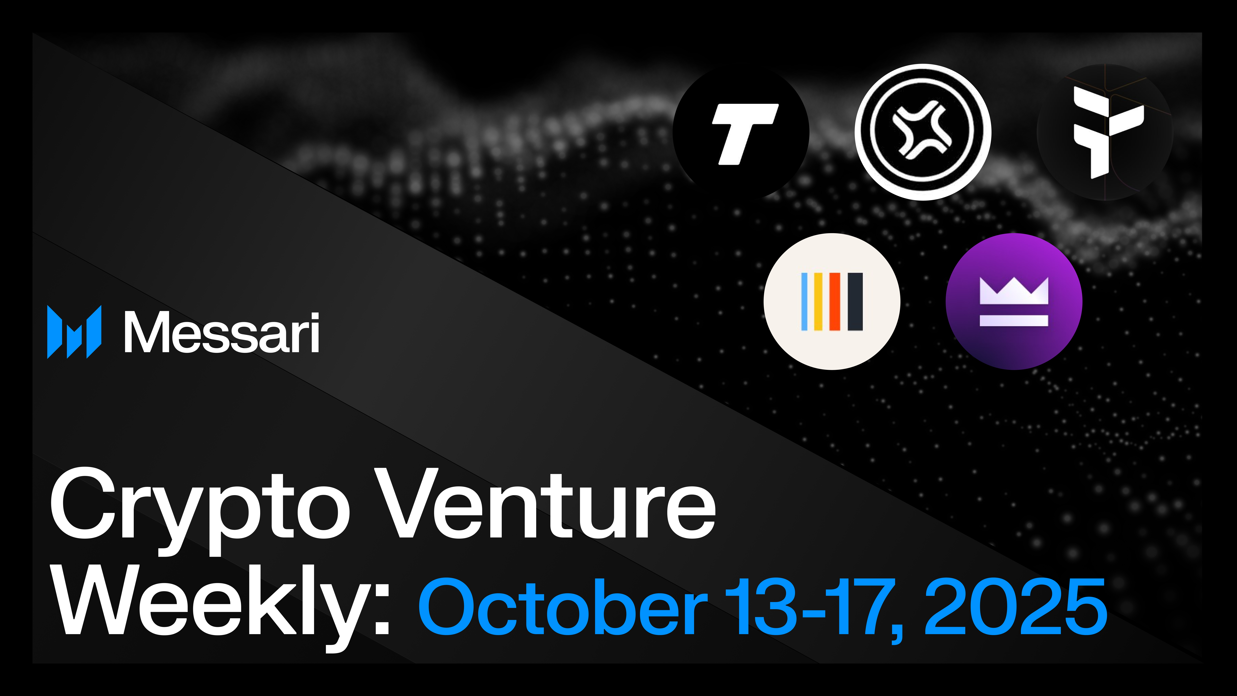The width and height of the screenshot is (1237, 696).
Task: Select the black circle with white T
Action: point(741,132)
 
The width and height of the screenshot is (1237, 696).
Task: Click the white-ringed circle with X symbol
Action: point(923,132)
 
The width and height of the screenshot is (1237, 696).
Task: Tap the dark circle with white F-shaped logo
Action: point(1104,132)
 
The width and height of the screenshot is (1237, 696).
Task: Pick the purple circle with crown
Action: point(1014,302)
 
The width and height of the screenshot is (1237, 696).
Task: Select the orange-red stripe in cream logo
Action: point(835,302)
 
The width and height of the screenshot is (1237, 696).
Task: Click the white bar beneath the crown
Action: point(1014,320)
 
